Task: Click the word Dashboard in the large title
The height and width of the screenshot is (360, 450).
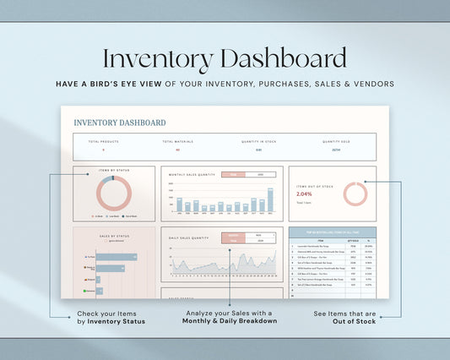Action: tap(282, 59)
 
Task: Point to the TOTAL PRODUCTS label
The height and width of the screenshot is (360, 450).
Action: tap(103, 142)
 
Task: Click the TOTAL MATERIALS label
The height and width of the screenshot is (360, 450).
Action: tap(177, 142)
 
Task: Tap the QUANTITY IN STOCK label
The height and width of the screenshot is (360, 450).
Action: tap(258, 142)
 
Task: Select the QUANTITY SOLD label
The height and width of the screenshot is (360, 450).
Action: tap(336, 142)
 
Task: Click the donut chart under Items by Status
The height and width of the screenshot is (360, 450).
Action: tap(114, 194)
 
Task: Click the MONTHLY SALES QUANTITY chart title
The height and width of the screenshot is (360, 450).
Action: tap(189, 175)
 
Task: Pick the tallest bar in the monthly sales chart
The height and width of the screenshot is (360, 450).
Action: tap(270, 200)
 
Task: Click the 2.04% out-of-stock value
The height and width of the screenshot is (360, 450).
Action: tap(306, 194)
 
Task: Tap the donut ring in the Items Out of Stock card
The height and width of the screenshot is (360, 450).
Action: tap(355, 194)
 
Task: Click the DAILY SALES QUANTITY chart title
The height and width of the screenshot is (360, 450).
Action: tap(189, 238)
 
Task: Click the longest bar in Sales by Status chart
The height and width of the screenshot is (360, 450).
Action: tap(116, 257)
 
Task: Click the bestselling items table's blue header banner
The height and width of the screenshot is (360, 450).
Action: tap(333, 231)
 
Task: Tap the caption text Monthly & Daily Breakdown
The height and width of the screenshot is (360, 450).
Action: tap(230, 321)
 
